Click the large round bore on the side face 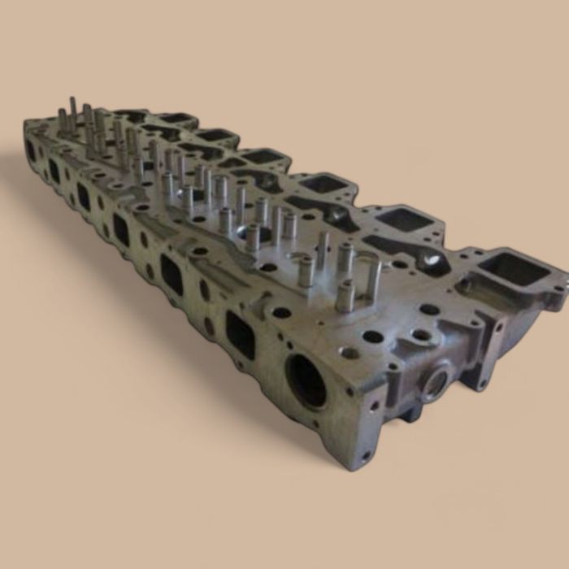pos(307,381)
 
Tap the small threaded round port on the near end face pos(432,381)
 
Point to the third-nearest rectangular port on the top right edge pos(325,184)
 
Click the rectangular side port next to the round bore pos(240,334)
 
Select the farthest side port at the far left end pos(31,150)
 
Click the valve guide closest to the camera pos(345,297)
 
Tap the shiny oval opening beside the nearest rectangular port pos(432,260)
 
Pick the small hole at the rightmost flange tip pos(557,287)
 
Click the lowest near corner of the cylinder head pos(358,470)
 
